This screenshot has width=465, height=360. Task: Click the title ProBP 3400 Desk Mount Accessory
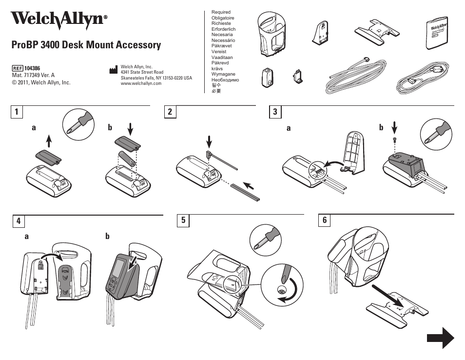tap(86, 45)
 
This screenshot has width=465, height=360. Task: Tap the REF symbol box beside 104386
tap(18, 68)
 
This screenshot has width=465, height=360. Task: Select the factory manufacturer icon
tap(114, 70)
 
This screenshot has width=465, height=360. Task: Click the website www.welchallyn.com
tap(141, 83)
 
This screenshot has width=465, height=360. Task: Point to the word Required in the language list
tap(221, 12)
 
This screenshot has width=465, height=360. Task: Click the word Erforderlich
tap(223, 29)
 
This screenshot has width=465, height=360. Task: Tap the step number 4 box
tap(18, 221)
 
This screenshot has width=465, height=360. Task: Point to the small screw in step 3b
tap(394, 140)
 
